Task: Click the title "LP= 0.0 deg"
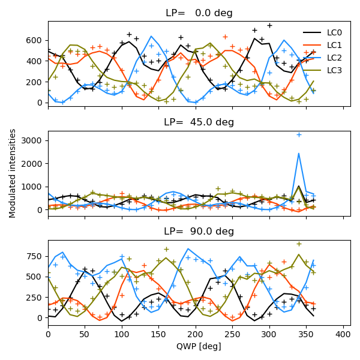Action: point(199,13)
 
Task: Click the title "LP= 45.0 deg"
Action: point(199,122)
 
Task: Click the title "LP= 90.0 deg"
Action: point(199,232)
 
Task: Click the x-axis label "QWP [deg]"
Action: point(199,346)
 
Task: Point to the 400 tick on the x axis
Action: point(343,334)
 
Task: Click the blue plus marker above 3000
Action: point(299,134)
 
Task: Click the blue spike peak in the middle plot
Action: point(299,153)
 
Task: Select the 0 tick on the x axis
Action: point(48,334)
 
